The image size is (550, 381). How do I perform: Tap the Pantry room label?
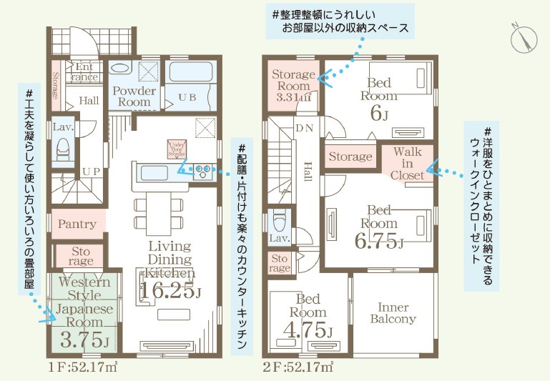77,224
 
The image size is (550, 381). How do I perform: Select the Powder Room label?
134,97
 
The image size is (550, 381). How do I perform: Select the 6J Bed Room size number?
379,114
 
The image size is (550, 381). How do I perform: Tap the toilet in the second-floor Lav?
280,217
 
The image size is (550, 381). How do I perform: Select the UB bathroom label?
187,97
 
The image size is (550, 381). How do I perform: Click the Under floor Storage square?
177,148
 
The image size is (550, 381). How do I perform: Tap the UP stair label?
91,172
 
